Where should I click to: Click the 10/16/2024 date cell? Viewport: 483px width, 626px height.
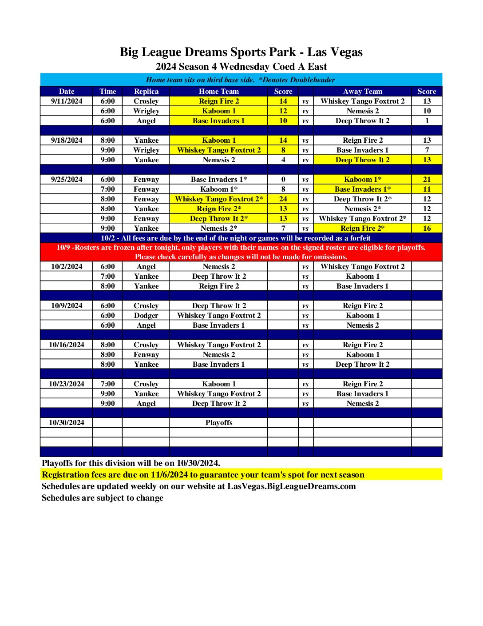tap(67, 345)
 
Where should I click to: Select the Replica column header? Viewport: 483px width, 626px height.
tap(146, 91)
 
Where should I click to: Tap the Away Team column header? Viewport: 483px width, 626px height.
tap(362, 91)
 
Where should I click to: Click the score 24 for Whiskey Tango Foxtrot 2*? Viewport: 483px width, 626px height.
tap(283, 199)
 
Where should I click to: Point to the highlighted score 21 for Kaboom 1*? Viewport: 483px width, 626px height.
tap(427, 179)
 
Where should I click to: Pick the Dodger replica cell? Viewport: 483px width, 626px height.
tap(146, 315)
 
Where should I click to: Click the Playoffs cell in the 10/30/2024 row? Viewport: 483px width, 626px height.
tap(219, 422)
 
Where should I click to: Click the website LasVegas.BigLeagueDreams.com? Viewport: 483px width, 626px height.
tap(291, 486)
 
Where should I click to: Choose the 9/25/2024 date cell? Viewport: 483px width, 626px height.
tap(67, 179)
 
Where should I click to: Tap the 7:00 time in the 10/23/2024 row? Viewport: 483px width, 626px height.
tap(108, 384)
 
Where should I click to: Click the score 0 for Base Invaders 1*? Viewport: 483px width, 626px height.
tap(283, 179)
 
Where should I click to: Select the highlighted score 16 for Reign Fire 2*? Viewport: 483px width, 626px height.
tap(427, 228)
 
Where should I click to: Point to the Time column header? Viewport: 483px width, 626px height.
tap(108, 91)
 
